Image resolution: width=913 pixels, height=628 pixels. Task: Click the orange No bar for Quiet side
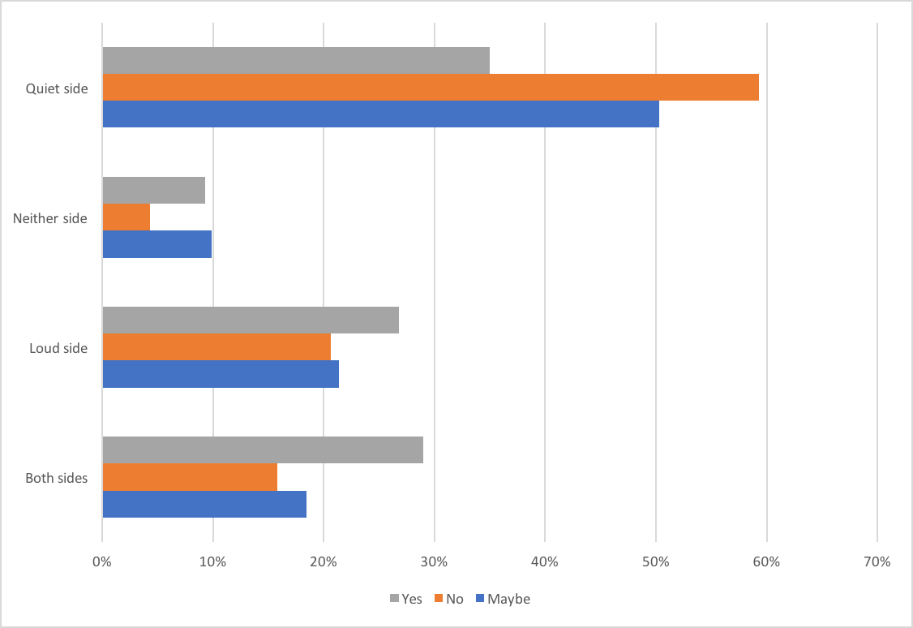click(x=431, y=88)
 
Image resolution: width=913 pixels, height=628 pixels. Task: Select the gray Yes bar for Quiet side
click(x=296, y=61)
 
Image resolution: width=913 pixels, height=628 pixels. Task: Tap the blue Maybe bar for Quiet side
click(x=380, y=114)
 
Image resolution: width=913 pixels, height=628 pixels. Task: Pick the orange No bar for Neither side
click(x=126, y=217)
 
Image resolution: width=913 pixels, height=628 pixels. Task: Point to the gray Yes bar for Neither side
click(x=154, y=191)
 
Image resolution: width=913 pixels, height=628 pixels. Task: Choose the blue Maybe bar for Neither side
click(x=156, y=244)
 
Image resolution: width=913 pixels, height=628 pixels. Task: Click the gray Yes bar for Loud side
click(x=251, y=320)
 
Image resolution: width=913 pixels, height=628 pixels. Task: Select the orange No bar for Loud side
click(x=216, y=347)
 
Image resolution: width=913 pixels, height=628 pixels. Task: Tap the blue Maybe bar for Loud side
click(x=221, y=374)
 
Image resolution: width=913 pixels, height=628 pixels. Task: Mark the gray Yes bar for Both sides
click(x=263, y=450)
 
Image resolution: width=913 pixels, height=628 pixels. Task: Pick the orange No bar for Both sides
click(x=190, y=477)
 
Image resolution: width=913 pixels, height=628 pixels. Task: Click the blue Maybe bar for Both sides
click(x=204, y=504)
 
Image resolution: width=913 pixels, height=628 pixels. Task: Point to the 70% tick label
click(x=877, y=561)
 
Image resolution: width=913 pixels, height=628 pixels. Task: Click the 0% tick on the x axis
click(x=102, y=561)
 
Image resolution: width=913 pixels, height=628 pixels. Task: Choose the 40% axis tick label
click(x=545, y=561)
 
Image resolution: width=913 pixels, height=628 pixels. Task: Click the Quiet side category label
click(x=57, y=88)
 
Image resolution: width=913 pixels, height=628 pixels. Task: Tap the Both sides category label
click(x=56, y=478)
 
